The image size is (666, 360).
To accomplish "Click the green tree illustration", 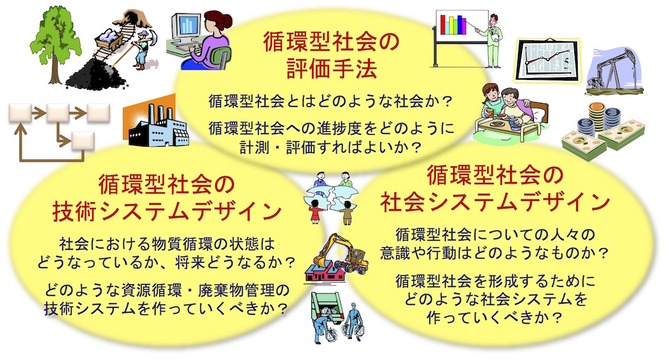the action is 55,42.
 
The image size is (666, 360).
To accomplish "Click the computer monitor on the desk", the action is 185,26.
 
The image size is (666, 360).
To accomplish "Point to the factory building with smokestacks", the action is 156,124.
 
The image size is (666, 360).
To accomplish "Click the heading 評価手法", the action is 332,68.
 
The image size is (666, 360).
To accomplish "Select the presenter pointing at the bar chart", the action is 491,40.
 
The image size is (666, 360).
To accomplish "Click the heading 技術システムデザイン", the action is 167,210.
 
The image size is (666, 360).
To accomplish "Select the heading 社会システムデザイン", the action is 495,201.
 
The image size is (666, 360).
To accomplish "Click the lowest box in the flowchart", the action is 83,141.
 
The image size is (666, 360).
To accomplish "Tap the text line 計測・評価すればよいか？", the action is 331,147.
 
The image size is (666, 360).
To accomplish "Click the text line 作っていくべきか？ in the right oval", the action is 494,318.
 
